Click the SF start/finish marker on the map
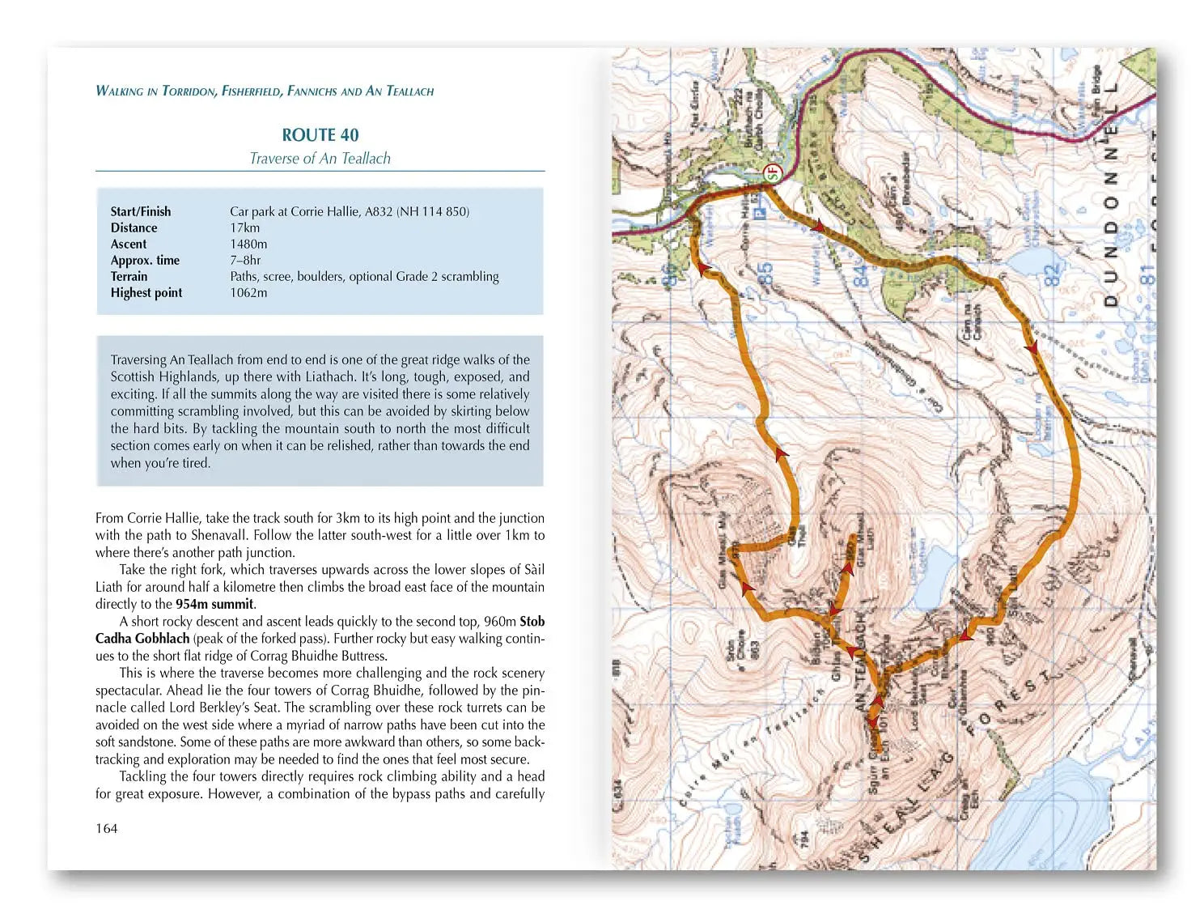(x=772, y=172)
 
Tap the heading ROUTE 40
(x=320, y=135)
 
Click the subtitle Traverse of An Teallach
(x=320, y=159)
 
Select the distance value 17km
(x=244, y=227)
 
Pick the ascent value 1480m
(x=248, y=244)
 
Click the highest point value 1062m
(x=248, y=292)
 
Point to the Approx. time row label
(x=145, y=260)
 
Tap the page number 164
(x=106, y=828)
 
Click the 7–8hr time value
(x=245, y=260)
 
